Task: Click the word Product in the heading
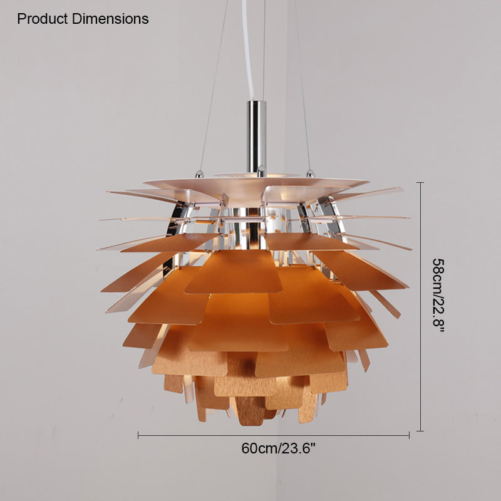coord(43,19)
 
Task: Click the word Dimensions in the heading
coord(110,19)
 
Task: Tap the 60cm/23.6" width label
coord(278,448)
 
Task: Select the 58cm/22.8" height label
coord(438,295)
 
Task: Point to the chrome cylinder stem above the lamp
coord(256,137)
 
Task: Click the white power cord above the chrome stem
coord(248,49)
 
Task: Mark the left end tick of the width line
coord(138,435)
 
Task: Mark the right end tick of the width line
coord(409,435)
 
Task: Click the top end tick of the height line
coord(420,182)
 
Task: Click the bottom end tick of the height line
coord(420,431)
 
